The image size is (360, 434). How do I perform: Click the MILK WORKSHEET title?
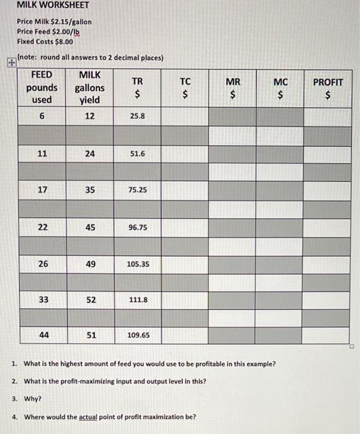click(53, 6)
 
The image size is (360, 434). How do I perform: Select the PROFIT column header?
click(328, 87)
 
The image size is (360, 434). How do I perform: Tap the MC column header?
click(281, 87)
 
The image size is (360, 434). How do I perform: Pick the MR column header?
click(233, 87)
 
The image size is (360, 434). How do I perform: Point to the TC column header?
click(185, 87)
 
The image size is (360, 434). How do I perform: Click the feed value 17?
click(42, 190)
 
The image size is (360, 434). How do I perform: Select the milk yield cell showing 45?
click(90, 227)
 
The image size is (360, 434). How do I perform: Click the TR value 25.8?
click(137, 116)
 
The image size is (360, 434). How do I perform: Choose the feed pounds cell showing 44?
click(42, 335)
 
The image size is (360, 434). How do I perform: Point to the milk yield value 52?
click(90, 299)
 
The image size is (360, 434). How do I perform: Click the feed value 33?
click(42, 299)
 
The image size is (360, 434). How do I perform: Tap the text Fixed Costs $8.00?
click(45, 42)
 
